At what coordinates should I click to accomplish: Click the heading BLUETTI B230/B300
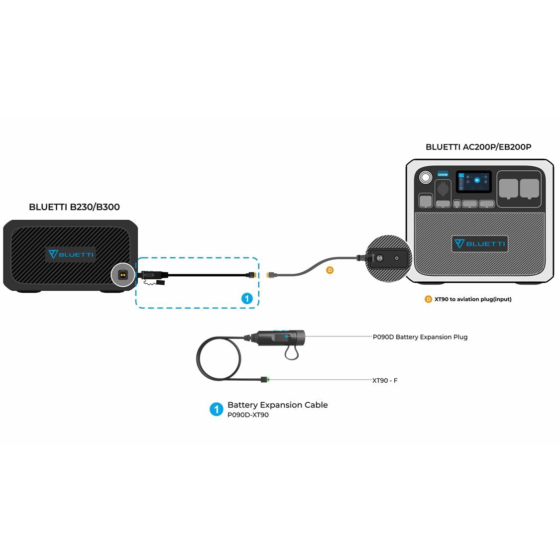[74, 207]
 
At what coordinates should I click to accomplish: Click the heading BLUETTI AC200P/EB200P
[478, 147]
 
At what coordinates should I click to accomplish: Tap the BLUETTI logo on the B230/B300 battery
[71, 254]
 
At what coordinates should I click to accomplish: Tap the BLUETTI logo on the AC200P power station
[480, 243]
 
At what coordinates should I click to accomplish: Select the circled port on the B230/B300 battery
[122, 274]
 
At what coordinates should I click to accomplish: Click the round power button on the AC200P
[425, 178]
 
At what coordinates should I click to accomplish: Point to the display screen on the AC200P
[474, 182]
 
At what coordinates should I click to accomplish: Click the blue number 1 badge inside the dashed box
[247, 299]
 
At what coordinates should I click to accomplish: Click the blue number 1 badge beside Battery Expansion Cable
[216, 410]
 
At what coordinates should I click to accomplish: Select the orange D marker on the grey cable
[330, 270]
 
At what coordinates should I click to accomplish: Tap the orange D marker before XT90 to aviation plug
[428, 299]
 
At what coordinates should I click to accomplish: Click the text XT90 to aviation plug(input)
[473, 299]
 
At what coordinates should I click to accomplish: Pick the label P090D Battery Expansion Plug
[420, 337]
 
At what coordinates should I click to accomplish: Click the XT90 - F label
[385, 380]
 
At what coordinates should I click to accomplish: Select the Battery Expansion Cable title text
[277, 405]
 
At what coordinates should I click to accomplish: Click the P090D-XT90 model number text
[248, 415]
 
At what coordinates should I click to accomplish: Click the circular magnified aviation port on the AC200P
[389, 259]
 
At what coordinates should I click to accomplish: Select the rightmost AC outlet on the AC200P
[530, 189]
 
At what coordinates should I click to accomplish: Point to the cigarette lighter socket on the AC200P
[443, 189]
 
